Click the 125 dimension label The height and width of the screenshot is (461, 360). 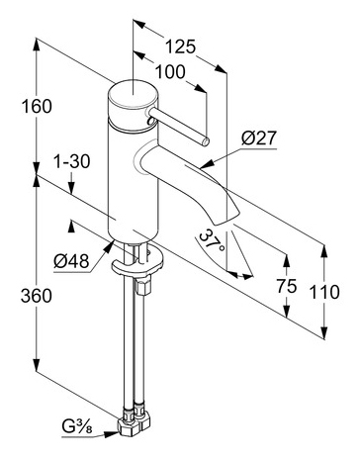pyautogui.click(x=180, y=46)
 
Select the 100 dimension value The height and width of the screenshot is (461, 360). pyautogui.click(x=170, y=72)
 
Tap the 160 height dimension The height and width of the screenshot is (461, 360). pyautogui.click(x=37, y=107)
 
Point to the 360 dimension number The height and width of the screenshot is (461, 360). pyautogui.click(x=37, y=296)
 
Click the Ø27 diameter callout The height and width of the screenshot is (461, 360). pyautogui.click(x=258, y=138)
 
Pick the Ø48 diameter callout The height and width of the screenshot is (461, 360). pyautogui.click(x=71, y=262)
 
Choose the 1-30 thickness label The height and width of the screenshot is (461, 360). pyautogui.click(x=71, y=162)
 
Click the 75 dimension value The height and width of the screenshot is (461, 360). pyautogui.click(x=287, y=286)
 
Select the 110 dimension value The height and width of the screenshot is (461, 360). pyautogui.click(x=324, y=292)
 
